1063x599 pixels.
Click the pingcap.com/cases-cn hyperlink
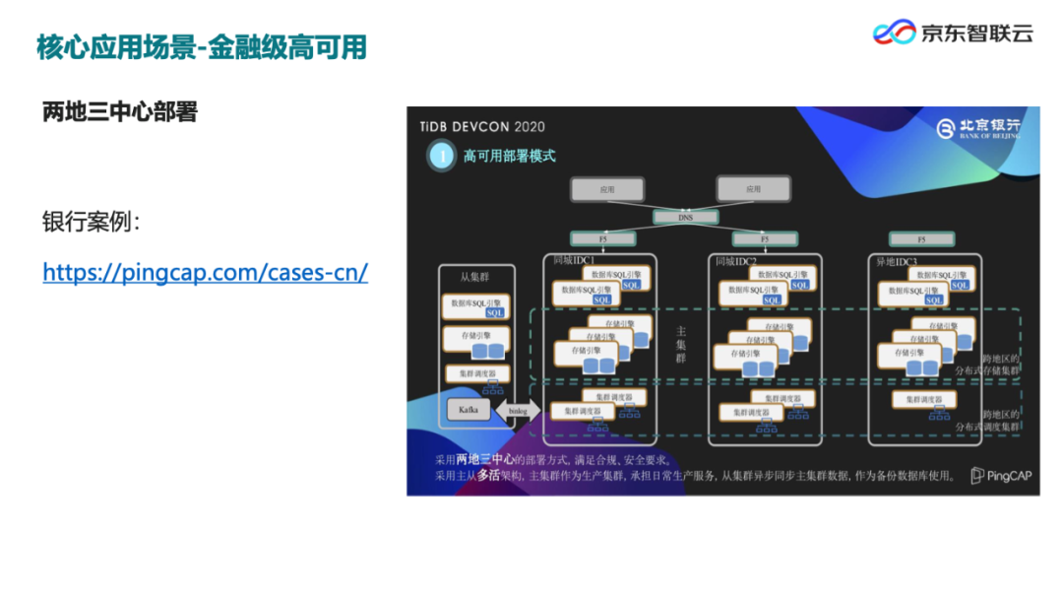click(x=205, y=272)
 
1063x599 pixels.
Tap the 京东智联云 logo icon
click(x=895, y=33)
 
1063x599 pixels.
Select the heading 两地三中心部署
click(x=120, y=112)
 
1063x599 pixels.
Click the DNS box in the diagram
click(x=685, y=217)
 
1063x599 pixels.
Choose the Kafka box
click(x=468, y=410)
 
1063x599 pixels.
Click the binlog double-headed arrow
click(x=518, y=411)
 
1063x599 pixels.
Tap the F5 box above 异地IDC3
click(x=921, y=239)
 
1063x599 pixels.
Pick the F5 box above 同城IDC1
click(x=602, y=238)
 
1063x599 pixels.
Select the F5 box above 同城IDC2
click(x=764, y=239)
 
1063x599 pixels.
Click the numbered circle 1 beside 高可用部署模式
click(x=442, y=156)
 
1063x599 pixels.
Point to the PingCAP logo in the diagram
click(x=998, y=476)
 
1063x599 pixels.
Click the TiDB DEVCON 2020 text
click(x=482, y=127)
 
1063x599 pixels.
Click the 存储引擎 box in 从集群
click(x=476, y=341)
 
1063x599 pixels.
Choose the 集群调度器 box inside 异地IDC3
click(x=924, y=400)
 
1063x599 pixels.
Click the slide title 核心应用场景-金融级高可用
click(x=202, y=46)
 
